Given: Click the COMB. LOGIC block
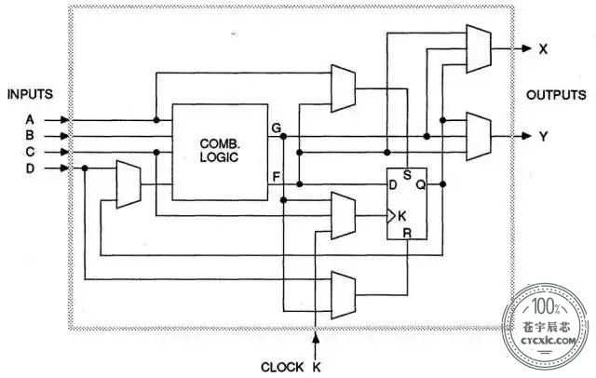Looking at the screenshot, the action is pos(220,152).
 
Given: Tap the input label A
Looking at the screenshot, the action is pos(30,120).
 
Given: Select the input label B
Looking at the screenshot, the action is pos(30,136).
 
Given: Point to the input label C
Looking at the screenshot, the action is pos(30,152).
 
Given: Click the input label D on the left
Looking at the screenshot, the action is pos(30,169).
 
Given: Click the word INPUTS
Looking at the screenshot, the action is pos(30,94).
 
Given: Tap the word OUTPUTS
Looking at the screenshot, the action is pos(556,95).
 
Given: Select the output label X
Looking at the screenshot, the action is pos(543,49).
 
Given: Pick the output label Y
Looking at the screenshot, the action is pos(544,136).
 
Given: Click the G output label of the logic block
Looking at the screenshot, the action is pos(277,128).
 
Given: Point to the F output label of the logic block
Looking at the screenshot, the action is pos(277,177).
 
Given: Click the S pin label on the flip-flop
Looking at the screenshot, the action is pos(407,175).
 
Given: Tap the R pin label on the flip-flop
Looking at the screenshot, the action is pos(407,233).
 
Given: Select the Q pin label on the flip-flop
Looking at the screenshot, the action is pos(421,185).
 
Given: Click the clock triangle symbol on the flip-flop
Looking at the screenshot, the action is pos(391,216).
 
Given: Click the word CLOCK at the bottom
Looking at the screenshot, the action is pos(282,368).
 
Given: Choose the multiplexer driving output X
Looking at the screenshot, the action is pos(479,48).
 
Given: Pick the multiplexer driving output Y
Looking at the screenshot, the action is pos(479,136).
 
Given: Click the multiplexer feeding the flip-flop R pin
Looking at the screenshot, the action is pos(344,295).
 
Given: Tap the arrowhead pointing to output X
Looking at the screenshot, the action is pos(526,48).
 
